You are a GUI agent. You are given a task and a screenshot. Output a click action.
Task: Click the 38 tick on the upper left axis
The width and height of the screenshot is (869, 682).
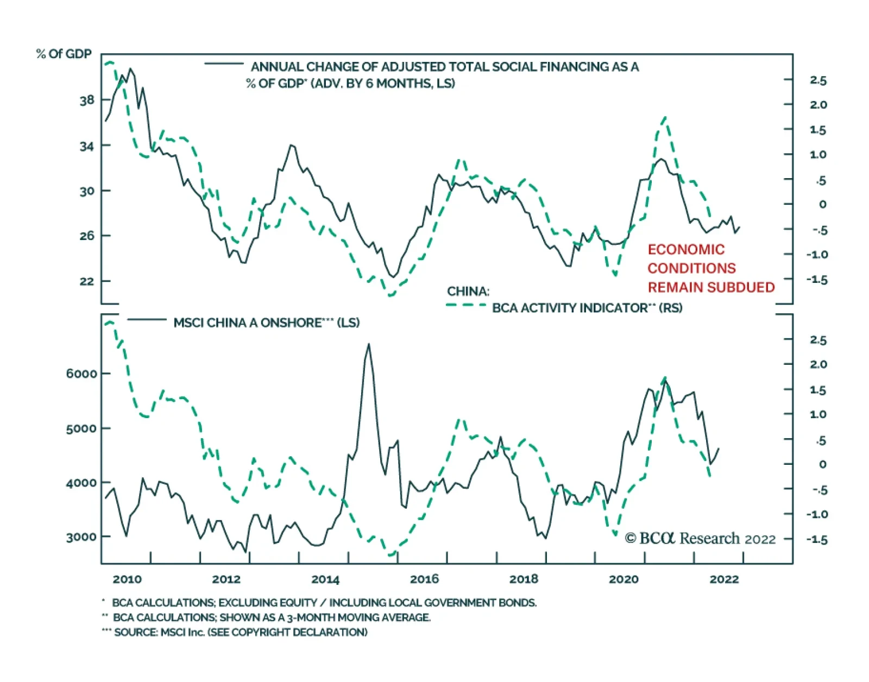tap(87, 100)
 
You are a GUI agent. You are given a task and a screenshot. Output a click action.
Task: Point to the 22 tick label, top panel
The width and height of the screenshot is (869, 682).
tap(87, 281)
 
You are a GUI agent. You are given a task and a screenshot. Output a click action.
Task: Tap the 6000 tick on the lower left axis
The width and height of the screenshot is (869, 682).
tap(82, 374)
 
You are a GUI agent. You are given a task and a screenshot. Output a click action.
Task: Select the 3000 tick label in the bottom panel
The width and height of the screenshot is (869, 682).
tap(82, 538)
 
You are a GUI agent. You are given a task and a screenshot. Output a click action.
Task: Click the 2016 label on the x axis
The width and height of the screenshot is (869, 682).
tap(424, 579)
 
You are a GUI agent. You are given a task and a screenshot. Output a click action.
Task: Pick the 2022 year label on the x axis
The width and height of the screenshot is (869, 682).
tap(724, 579)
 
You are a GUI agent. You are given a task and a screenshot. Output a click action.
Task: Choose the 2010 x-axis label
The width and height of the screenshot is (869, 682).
tap(127, 579)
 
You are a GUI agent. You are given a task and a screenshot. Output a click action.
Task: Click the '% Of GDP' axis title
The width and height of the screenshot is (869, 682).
tap(64, 54)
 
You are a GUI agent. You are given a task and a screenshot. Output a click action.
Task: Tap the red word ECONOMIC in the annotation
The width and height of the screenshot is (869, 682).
tap(686, 250)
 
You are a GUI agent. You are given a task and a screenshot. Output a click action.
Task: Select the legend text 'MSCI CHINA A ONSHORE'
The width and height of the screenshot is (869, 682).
tap(248, 323)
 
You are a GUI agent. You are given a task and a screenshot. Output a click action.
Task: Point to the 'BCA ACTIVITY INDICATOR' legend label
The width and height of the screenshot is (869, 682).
tap(570, 308)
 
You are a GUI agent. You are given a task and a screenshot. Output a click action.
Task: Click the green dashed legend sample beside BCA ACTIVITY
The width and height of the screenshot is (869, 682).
tap(466, 305)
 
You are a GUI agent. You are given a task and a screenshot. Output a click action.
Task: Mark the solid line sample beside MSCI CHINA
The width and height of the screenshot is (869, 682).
tap(147, 320)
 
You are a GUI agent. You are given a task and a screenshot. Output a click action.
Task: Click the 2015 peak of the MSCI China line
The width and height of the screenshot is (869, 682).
tap(369, 344)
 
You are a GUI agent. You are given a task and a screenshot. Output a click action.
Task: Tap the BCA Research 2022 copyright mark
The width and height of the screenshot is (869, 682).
tap(701, 539)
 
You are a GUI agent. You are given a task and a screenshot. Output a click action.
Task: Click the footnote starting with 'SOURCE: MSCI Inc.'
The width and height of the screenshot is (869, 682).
tap(241, 633)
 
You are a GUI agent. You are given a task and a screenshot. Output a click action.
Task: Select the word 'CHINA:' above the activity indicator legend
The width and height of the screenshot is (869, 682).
tap(468, 292)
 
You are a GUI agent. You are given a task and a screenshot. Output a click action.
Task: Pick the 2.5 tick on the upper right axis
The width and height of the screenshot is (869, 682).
tap(818, 80)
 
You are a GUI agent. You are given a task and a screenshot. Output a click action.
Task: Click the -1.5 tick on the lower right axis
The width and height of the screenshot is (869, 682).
tap(816, 540)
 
